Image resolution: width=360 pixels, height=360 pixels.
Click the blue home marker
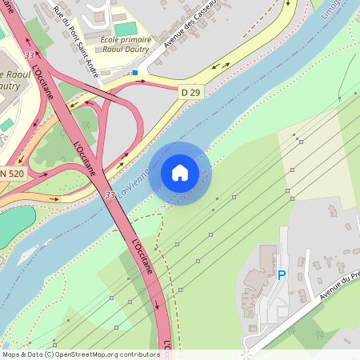click(180, 171)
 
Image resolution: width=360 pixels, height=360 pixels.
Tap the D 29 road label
click(190, 93)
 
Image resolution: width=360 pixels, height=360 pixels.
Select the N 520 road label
click(12, 174)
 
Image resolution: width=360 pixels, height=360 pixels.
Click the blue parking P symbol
click(281, 274)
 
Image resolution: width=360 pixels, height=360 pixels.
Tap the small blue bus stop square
click(135, 72)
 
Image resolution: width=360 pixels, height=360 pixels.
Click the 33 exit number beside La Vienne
click(110, 194)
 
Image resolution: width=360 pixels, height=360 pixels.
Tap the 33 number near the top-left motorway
click(30, 55)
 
